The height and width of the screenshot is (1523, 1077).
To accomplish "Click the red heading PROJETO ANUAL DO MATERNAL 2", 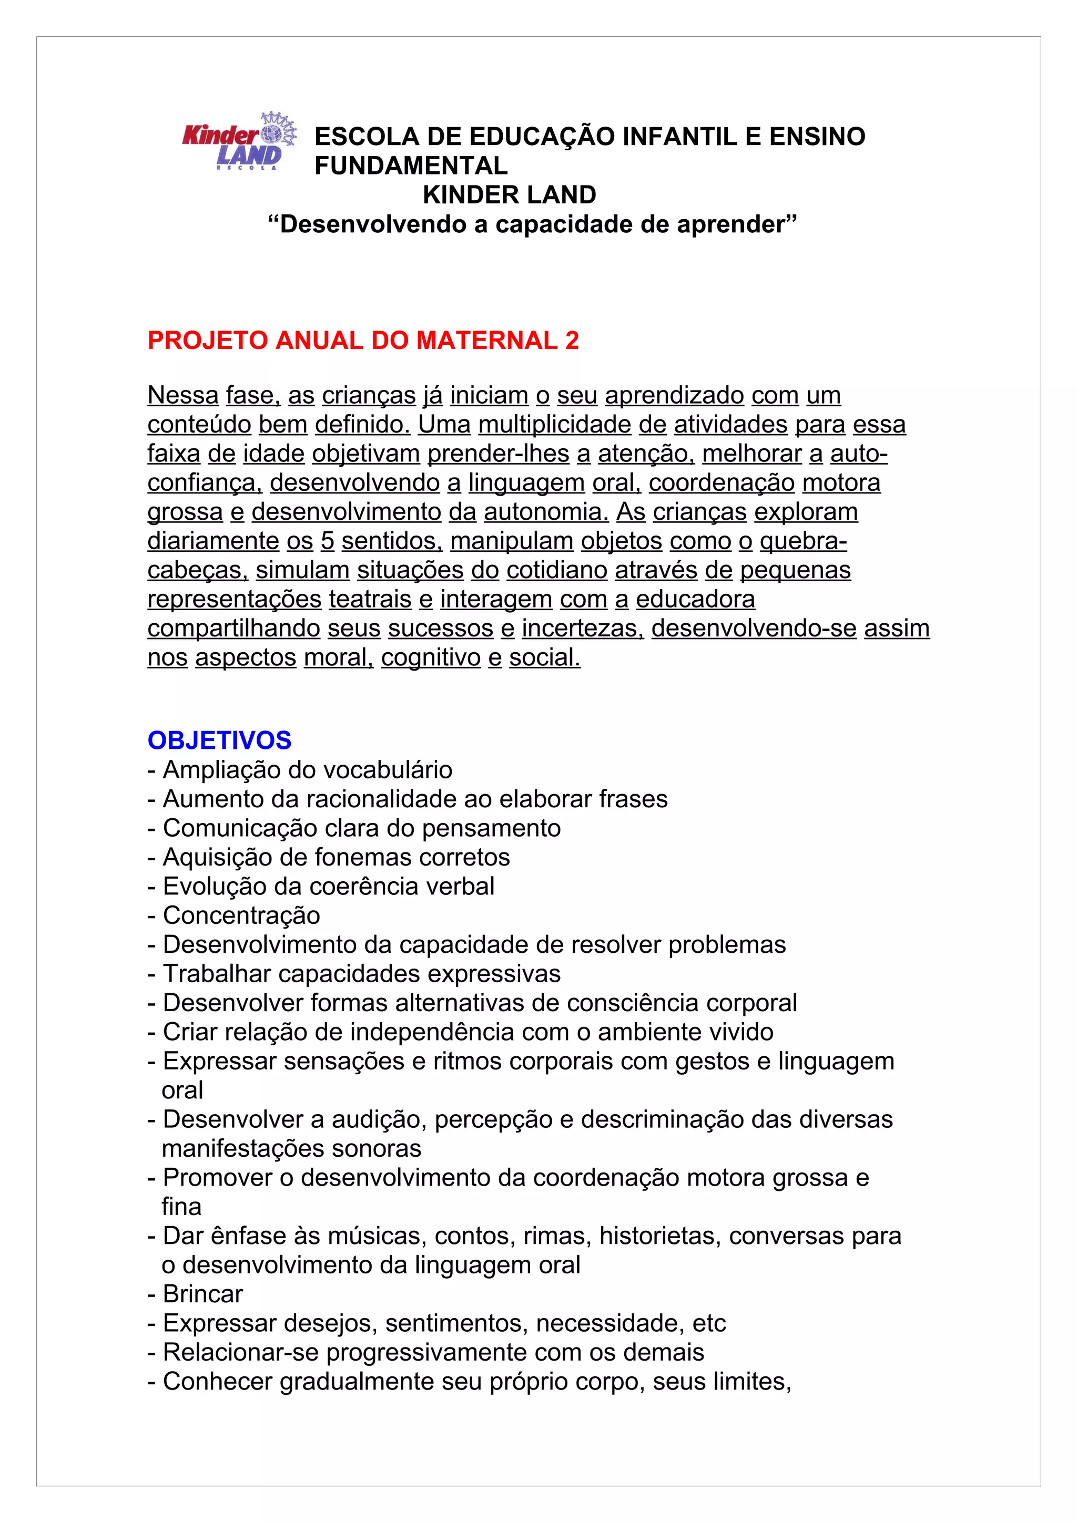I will (363, 341).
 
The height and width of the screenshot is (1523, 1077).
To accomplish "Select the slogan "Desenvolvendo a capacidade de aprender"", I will (532, 224).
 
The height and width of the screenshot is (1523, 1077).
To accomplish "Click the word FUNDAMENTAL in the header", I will (411, 165).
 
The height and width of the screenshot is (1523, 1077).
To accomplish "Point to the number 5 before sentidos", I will (327, 541).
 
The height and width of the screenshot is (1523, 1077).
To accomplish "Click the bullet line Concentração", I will (241, 915).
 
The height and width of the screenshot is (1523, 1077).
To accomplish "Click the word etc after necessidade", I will (709, 1323).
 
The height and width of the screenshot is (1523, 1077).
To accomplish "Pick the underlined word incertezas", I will (583, 628).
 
